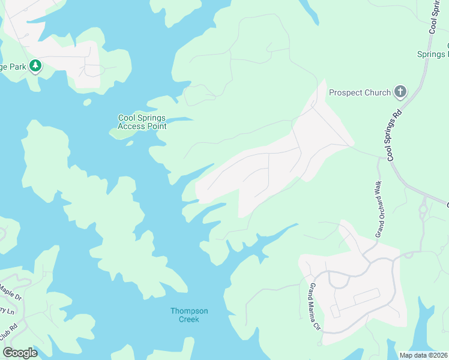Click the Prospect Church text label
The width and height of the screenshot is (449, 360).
[360, 93]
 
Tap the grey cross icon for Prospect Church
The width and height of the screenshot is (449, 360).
[400, 92]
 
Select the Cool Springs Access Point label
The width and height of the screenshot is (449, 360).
[142, 122]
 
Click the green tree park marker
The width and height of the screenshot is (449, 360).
[35, 65]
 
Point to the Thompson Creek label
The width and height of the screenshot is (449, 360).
[189, 315]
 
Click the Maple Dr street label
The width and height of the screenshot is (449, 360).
[10, 292]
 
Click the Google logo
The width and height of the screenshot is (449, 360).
[20, 352]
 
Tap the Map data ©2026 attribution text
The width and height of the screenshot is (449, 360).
[423, 355]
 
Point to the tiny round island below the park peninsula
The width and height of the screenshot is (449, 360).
[88, 102]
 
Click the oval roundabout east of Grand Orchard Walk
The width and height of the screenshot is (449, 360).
[423, 211]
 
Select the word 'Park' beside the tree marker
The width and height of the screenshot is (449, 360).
[17, 67]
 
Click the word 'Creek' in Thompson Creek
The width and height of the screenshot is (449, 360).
[189, 319]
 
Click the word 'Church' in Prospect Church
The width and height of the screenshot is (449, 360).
[376, 93]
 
